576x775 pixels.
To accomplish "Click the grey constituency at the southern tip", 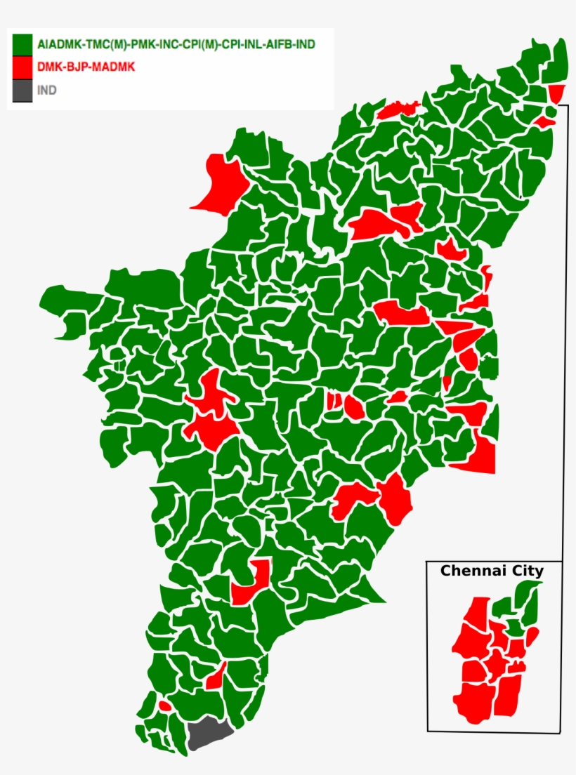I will point(209,736).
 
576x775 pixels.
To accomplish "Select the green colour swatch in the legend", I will point(22,44).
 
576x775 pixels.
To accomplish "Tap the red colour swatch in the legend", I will point(22,67).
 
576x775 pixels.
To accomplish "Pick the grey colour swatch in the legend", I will point(22,91).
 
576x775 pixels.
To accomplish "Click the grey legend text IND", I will point(47,91).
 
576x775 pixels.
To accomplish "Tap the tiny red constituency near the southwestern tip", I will point(164,706).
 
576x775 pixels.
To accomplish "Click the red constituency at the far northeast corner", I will point(556,93).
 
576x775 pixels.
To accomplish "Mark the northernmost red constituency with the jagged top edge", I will point(398,110).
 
